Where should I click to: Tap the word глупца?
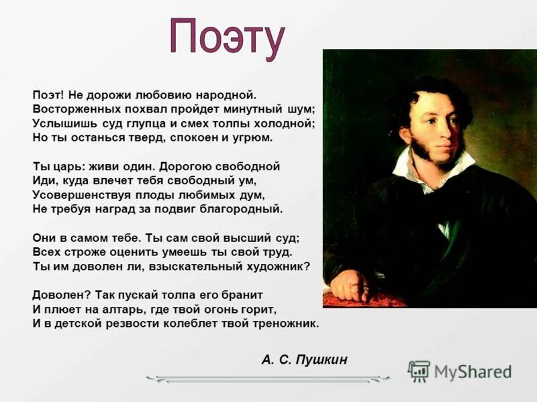click(152, 123)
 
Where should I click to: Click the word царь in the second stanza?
click(63, 166)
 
